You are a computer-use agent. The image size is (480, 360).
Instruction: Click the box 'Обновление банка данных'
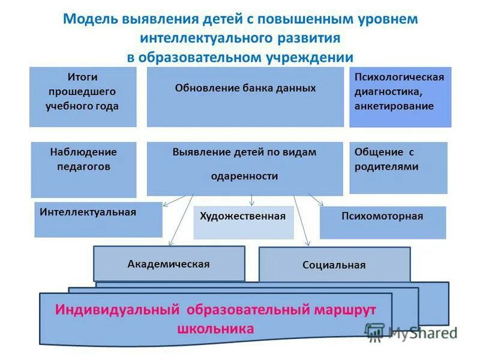pos(245,97)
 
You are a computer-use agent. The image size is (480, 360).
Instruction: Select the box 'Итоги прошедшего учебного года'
pos(83,97)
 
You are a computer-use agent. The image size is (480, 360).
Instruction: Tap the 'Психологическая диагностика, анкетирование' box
pos(400,97)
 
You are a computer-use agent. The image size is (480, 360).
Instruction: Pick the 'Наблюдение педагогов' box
pos(83,169)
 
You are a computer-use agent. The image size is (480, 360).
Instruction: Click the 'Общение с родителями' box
pos(398,167)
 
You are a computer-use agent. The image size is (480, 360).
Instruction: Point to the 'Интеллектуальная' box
pos(98,220)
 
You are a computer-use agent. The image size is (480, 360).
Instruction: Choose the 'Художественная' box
pos(243,222)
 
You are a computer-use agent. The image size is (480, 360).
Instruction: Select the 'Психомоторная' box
pos(382,223)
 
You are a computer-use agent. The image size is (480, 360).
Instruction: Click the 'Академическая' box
pos(169,263)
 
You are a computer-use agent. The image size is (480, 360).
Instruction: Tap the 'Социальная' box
pos(334,265)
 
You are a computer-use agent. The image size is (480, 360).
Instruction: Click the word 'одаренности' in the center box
pos(245,176)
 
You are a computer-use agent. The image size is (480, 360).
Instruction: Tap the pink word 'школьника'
pos(216,329)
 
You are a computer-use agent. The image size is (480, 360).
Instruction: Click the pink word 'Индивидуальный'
pos(118,310)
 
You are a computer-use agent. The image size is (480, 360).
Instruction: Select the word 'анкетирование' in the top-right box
pos(394,106)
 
